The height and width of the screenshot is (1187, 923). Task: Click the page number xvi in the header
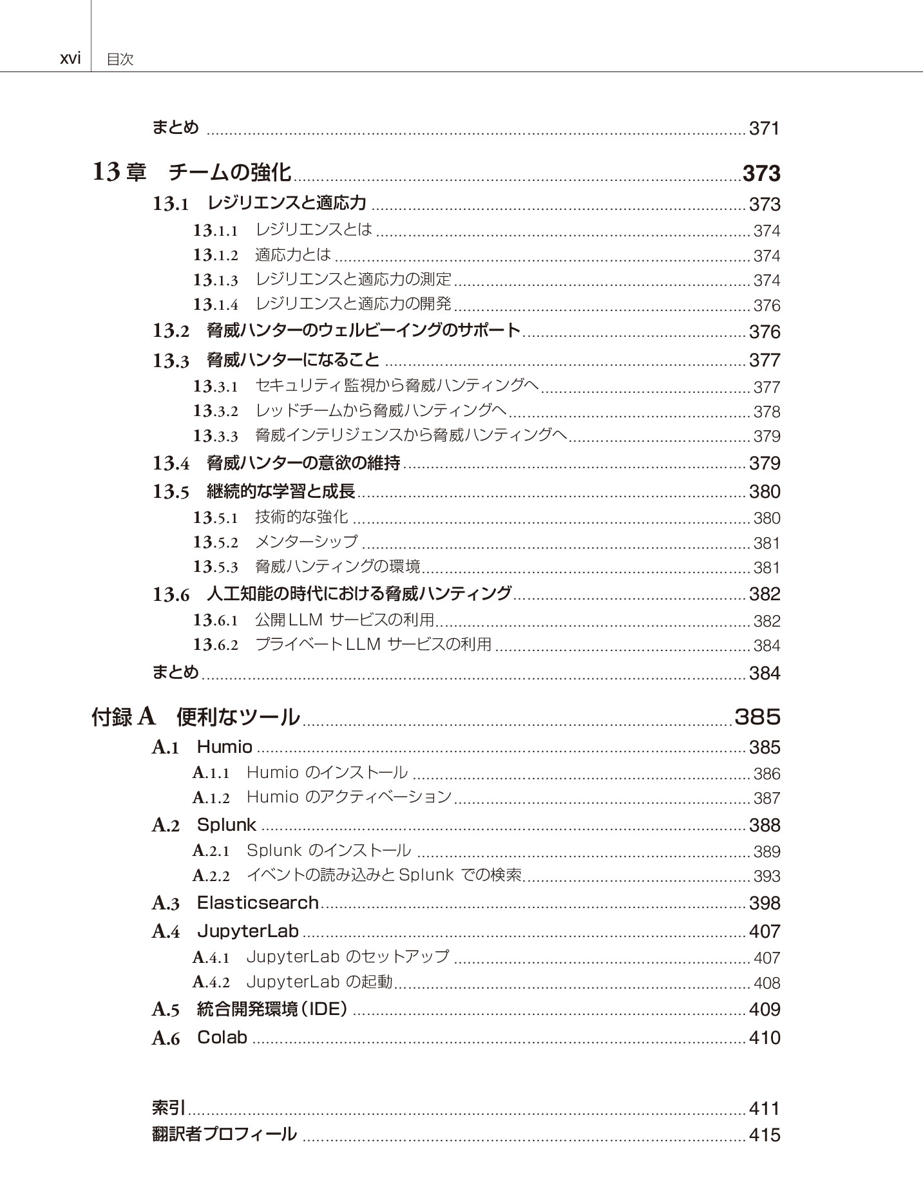point(70,59)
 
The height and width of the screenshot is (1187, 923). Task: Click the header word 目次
point(120,60)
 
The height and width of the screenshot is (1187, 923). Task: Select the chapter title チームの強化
point(229,173)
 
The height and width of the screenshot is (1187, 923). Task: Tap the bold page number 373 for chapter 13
point(761,173)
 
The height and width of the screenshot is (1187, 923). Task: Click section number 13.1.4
point(215,304)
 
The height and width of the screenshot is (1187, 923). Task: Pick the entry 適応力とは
point(293,255)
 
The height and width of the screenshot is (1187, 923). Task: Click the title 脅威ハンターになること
point(293,359)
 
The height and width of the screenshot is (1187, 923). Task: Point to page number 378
point(766,412)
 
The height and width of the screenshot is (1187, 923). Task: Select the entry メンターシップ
point(306,542)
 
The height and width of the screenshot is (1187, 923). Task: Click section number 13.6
point(171,594)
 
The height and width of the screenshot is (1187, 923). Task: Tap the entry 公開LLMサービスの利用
point(345,620)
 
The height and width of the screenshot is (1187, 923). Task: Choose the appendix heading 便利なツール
point(238,717)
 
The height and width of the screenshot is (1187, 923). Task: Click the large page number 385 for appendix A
point(757,717)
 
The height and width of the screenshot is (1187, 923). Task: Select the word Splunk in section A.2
point(227,825)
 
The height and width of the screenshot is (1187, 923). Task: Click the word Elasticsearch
point(258,903)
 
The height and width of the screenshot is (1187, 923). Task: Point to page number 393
point(766,876)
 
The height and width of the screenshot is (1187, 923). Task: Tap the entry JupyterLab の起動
point(319,982)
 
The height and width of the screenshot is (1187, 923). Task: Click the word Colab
point(222,1038)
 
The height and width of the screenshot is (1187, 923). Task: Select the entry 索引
point(169,1108)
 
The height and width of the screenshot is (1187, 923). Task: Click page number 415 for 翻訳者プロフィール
point(765,1135)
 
